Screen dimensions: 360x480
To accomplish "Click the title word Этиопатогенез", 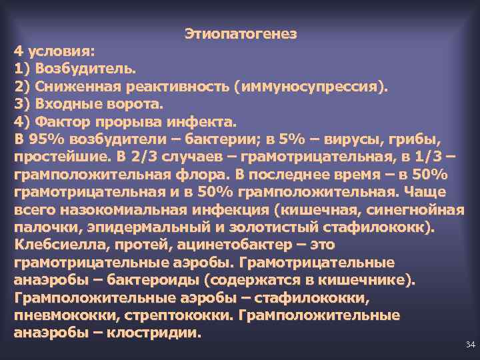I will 240,33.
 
